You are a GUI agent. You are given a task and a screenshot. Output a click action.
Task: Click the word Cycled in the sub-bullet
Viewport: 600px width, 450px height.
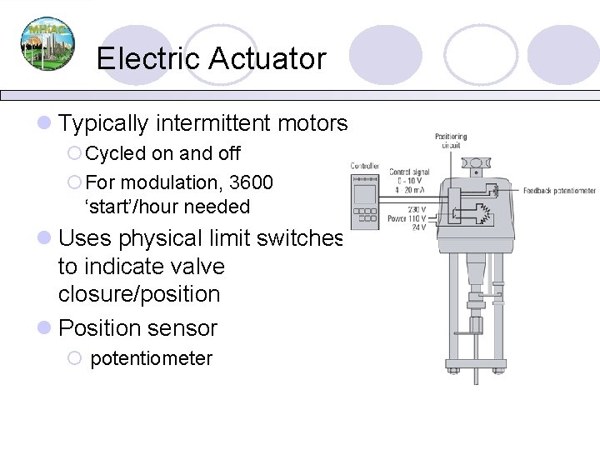pyautogui.click(x=117, y=153)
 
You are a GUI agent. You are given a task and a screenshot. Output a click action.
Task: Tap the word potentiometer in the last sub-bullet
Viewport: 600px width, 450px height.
pyautogui.click(x=151, y=358)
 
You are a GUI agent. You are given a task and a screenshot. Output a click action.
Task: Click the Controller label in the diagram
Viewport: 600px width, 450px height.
pyautogui.click(x=365, y=165)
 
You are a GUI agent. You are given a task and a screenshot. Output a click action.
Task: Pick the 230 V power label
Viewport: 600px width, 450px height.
pyautogui.click(x=416, y=209)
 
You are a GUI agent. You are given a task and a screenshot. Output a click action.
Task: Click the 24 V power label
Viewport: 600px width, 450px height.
pyautogui.click(x=418, y=227)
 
